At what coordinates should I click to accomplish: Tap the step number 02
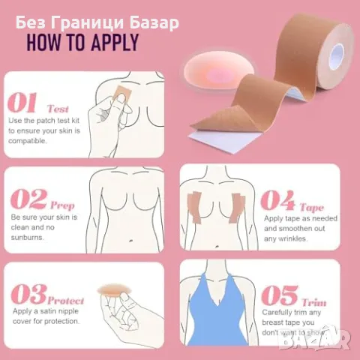28,199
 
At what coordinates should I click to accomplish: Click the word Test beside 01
58,109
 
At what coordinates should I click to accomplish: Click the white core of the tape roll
337,56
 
